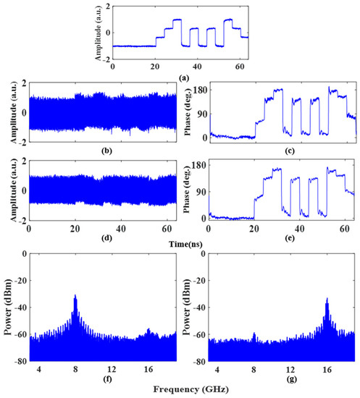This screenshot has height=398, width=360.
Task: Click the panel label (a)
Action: tap(179, 76)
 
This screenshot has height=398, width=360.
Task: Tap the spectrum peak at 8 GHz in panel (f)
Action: tap(75, 296)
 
